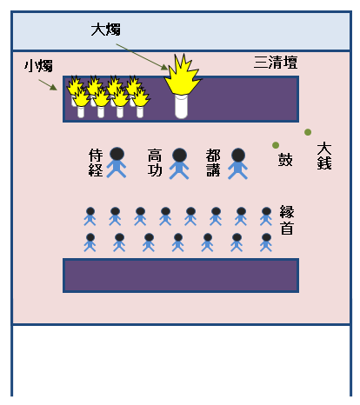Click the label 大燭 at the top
pos(106,30)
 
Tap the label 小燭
pos(39,65)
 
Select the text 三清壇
pos(275,63)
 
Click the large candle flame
pos(182,76)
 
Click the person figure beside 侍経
pos(116,163)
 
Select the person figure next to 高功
pos(179,163)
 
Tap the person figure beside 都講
pos(237,163)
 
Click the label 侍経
pos(96,163)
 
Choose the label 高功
pos(156,163)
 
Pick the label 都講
pos(213,163)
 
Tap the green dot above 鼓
pos(276,145)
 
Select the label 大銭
pos(323,156)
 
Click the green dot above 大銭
pos(308,132)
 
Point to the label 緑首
pos(288,219)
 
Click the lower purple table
pos(180,275)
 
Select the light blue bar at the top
pos(180,31)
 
